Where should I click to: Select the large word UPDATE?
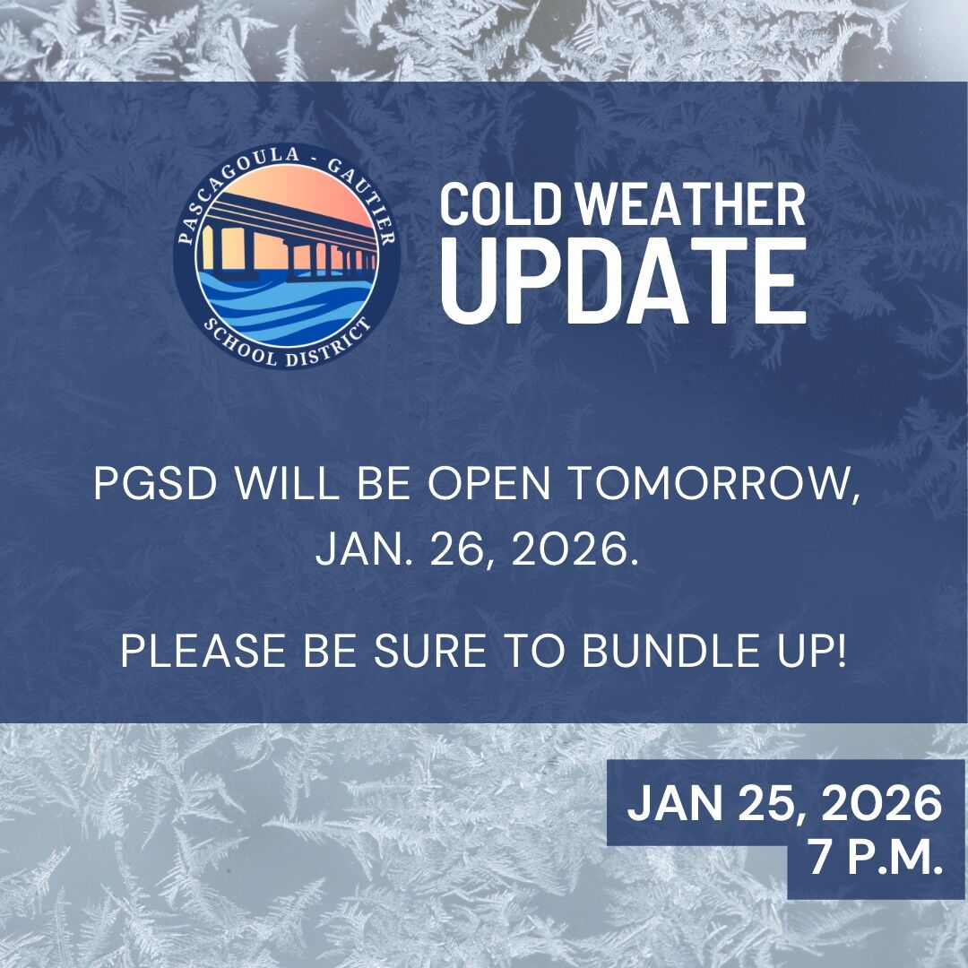(x=624, y=281)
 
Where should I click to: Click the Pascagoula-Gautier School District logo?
(x=287, y=255)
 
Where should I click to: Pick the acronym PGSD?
(x=156, y=483)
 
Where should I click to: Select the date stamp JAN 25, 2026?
(x=784, y=803)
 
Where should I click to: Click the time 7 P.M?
(x=876, y=857)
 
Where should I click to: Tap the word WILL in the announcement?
(x=287, y=483)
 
